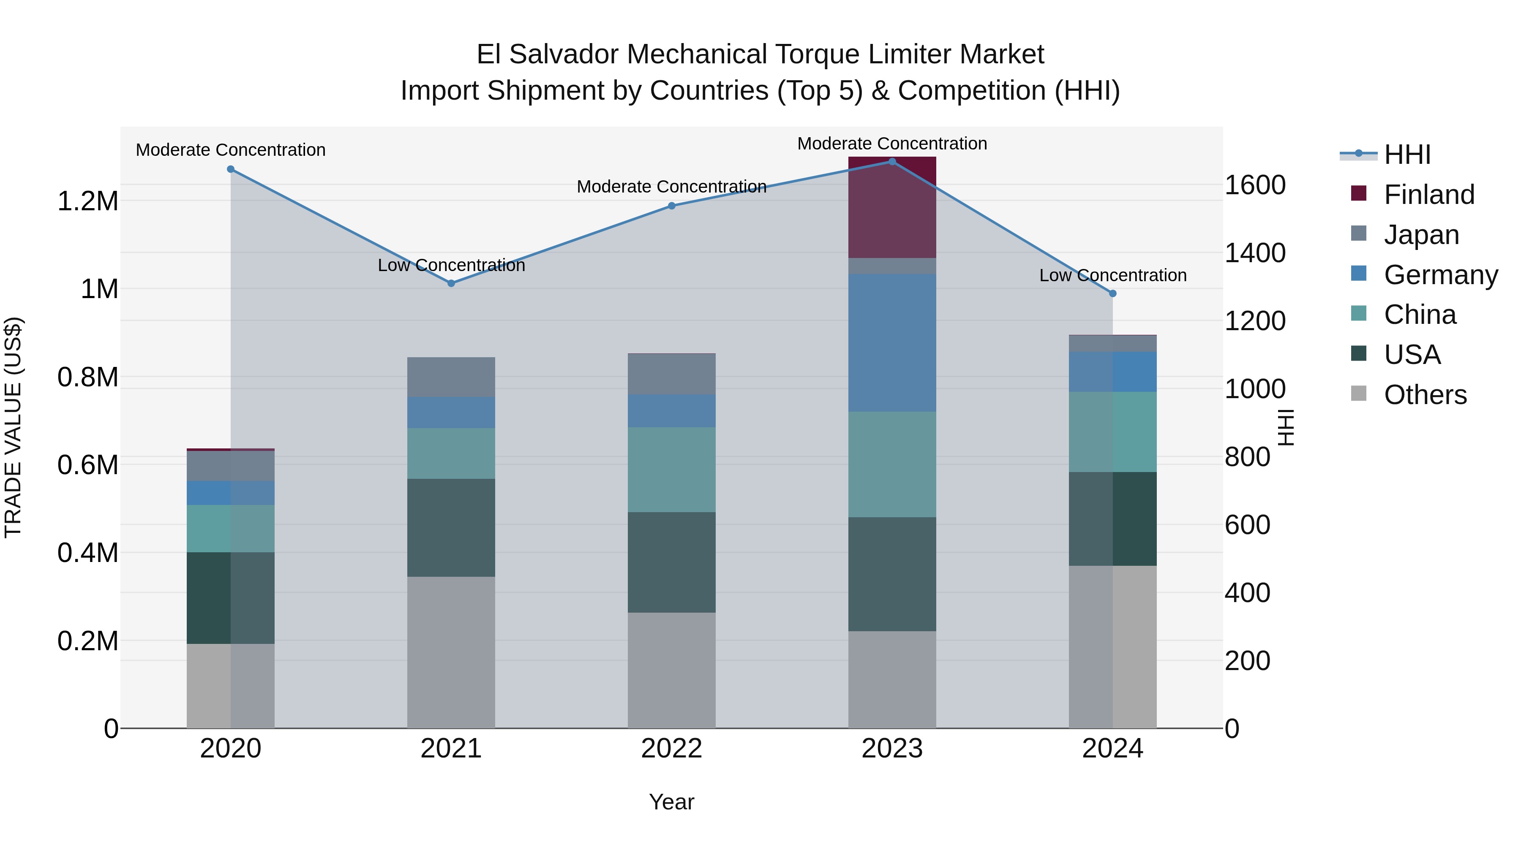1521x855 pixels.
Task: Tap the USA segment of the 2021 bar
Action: [451, 527]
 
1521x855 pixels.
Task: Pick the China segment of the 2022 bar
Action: [671, 469]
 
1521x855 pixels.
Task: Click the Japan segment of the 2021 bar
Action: [451, 377]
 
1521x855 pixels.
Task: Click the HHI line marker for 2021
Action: [451, 283]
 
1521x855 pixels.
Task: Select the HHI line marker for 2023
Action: [892, 162]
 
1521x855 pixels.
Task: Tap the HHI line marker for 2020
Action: [231, 169]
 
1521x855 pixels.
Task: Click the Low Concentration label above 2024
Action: [1112, 276]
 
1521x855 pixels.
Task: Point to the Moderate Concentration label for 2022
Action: [671, 187]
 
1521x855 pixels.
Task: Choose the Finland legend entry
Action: [1428, 195]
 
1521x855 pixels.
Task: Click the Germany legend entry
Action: [1440, 275]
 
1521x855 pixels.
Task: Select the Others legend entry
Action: [1425, 395]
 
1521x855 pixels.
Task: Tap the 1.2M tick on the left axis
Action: [87, 202]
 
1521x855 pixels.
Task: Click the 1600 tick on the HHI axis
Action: [1255, 185]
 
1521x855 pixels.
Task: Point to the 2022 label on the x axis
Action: [671, 749]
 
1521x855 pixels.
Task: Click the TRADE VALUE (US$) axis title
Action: [13, 427]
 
